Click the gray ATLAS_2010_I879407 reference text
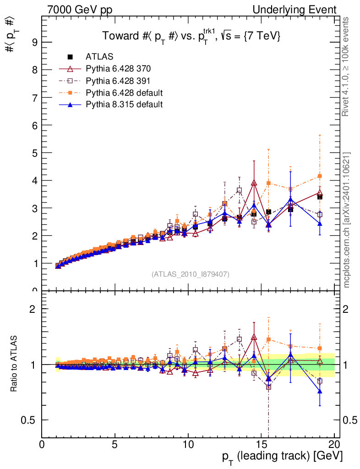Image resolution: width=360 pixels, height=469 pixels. click(x=191, y=274)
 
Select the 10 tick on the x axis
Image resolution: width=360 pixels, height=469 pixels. click(x=188, y=444)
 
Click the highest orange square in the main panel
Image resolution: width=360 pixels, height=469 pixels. click(x=320, y=176)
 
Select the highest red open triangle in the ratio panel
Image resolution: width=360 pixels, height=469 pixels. click(x=254, y=338)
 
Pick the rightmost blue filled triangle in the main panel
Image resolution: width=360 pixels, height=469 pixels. click(x=320, y=224)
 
